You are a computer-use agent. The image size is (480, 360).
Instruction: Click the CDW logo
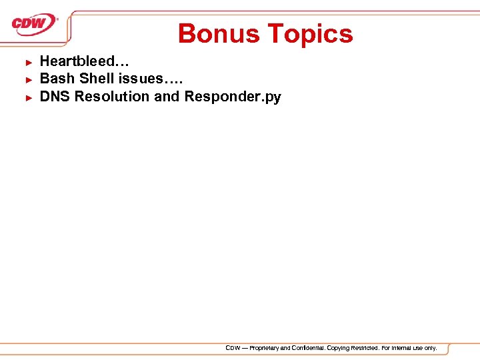(x=34, y=24)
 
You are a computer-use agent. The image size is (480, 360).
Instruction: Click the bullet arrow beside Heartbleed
(x=29, y=62)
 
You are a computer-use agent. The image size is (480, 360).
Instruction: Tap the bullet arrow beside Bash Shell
(x=29, y=79)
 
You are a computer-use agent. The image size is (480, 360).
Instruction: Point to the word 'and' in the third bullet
(x=167, y=97)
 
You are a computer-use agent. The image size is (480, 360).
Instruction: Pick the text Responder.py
(x=233, y=97)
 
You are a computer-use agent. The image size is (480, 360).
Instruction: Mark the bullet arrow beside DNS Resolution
(x=29, y=97)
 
